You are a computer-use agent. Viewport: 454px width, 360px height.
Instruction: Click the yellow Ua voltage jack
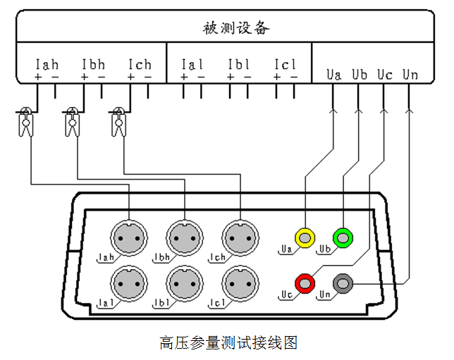(x=305, y=238)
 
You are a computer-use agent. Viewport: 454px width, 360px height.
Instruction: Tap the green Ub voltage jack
(x=343, y=238)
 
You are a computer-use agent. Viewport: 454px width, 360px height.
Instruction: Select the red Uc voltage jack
(x=305, y=284)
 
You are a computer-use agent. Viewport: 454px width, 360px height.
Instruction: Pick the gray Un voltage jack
(x=343, y=284)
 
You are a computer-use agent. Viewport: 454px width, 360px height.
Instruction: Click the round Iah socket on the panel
(x=129, y=237)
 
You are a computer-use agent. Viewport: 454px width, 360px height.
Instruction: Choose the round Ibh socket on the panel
(x=184, y=237)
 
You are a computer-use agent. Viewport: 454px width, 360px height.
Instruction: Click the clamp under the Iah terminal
(x=26, y=123)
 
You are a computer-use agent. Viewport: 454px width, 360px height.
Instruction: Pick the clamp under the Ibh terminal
(x=72, y=123)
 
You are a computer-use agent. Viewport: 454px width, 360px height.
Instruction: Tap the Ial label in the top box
(x=192, y=64)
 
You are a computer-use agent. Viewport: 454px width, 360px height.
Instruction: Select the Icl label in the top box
(x=286, y=64)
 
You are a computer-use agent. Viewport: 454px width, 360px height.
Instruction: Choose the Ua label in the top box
(x=333, y=73)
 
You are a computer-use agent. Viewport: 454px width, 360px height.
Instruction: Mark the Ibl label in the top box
(x=239, y=64)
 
